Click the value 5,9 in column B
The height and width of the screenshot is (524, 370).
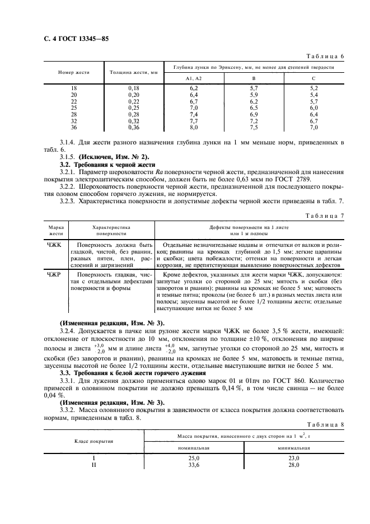254,95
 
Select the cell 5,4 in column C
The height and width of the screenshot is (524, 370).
313,95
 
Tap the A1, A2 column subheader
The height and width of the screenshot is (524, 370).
194,79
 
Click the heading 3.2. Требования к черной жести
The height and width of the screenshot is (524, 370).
109,166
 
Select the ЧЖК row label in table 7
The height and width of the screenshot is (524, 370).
56,245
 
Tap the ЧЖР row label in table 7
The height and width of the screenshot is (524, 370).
56,275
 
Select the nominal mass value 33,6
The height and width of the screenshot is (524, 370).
194,464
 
